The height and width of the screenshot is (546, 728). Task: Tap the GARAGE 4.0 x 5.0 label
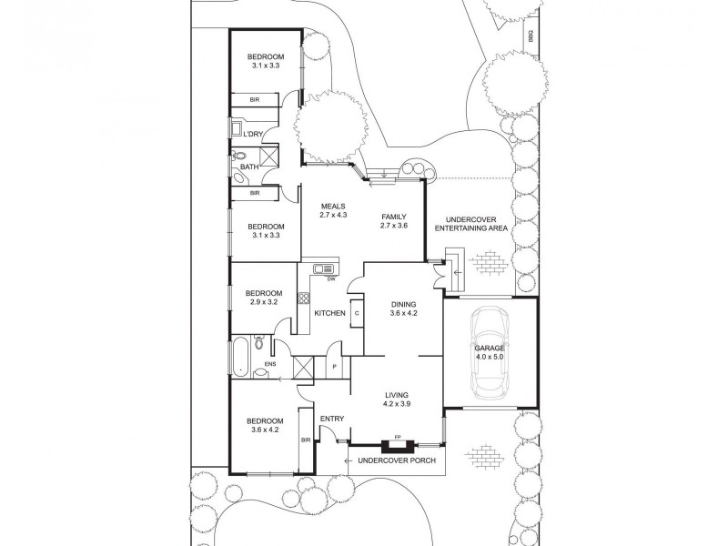click(490, 353)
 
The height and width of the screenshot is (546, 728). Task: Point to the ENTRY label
click(332, 419)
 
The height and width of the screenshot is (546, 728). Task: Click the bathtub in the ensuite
click(238, 358)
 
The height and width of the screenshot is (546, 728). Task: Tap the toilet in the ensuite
click(260, 344)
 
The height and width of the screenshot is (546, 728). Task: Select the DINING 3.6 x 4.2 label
click(403, 309)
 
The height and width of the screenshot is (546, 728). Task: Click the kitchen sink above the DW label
click(324, 268)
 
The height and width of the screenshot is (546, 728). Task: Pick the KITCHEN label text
click(329, 314)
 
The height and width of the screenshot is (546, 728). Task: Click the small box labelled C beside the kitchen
click(358, 313)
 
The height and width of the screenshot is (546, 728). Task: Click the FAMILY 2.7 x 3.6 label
click(394, 221)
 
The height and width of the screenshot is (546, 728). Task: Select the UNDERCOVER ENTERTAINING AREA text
click(470, 225)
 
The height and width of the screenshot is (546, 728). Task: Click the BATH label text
click(249, 167)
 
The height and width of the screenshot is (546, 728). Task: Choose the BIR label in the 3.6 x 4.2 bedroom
click(306, 440)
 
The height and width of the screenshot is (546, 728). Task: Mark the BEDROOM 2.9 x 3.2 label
click(262, 298)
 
